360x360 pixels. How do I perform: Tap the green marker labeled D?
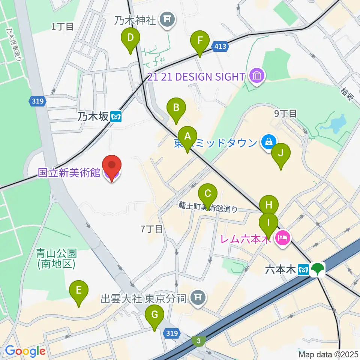point(130,38)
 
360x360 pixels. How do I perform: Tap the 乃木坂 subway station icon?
point(117,117)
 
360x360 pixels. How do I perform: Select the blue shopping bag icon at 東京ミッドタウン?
point(269,142)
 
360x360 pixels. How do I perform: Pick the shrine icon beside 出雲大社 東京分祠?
point(197,298)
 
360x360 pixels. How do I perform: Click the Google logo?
point(25,351)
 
